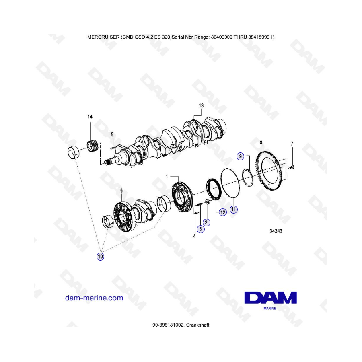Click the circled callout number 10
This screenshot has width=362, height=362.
100,257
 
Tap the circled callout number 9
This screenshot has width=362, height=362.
241,156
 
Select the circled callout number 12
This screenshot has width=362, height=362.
222,212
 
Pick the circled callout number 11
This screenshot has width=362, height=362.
234,210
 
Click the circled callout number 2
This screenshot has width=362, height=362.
206,222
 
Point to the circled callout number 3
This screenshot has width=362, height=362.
200,229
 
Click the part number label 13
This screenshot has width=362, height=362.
201,105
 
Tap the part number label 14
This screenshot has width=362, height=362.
90,117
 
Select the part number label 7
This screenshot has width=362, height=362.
292,144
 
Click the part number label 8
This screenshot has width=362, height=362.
261,143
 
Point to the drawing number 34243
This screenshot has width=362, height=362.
276,231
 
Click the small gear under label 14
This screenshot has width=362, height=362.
93,146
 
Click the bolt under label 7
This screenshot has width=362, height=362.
292,167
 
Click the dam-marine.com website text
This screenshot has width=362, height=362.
94,298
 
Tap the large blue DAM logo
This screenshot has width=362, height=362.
271,298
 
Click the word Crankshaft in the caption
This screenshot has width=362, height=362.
197,325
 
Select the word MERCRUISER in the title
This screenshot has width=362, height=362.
103,37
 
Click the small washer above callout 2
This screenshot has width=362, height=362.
207,202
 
